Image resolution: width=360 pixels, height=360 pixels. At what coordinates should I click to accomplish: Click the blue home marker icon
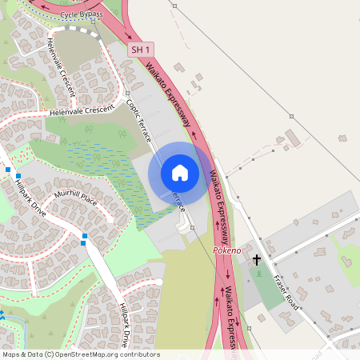(180, 172)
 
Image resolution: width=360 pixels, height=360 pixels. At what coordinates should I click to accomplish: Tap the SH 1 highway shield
(140, 50)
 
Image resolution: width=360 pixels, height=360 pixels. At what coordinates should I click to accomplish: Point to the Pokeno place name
(226, 250)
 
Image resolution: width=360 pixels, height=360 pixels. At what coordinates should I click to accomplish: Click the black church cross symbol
(257, 260)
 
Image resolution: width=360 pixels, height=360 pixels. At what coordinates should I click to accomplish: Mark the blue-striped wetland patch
(96, 164)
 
